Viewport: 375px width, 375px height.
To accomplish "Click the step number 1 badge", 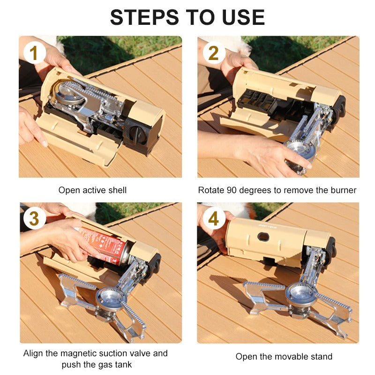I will [x=34, y=53].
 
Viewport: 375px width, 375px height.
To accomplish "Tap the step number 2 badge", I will [x=213, y=53].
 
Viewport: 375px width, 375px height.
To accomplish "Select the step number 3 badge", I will [x=34, y=218].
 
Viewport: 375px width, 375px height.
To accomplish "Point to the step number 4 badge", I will [x=213, y=219].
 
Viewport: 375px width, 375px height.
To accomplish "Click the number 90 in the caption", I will [x=231, y=190].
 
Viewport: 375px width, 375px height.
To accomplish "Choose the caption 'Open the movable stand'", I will [x=284, y=357].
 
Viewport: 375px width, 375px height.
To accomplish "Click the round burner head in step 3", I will [x=111, y=297].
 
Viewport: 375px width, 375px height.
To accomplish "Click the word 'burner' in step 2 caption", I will [x=344, y=190].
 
